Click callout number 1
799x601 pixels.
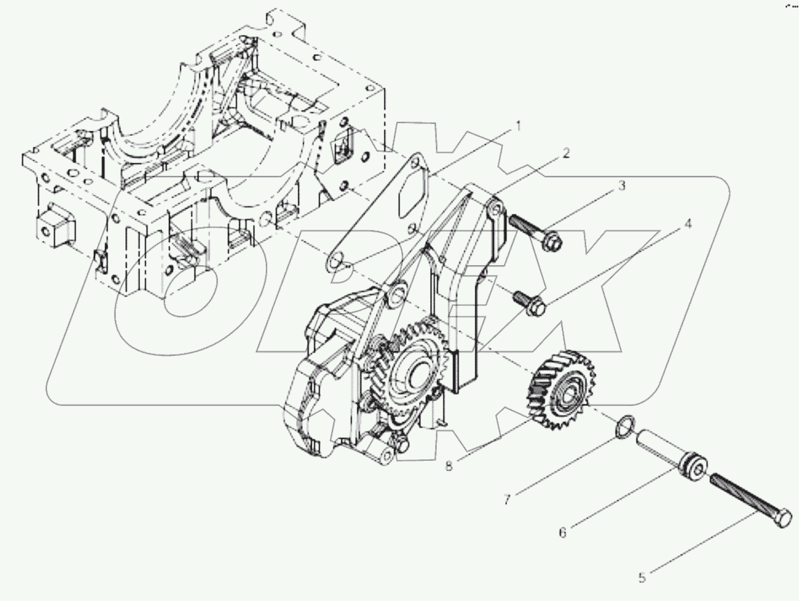pos(517,126)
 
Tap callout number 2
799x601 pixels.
pos(566,153)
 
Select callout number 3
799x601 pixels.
pos(622,185)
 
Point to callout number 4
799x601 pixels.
pos(687,224)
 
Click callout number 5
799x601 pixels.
pos(643,576)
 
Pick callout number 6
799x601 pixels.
pos(563,532)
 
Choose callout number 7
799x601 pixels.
pos(508,499)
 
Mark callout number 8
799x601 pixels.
pos(449,466)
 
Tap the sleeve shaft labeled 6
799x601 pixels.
pos(668,453)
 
